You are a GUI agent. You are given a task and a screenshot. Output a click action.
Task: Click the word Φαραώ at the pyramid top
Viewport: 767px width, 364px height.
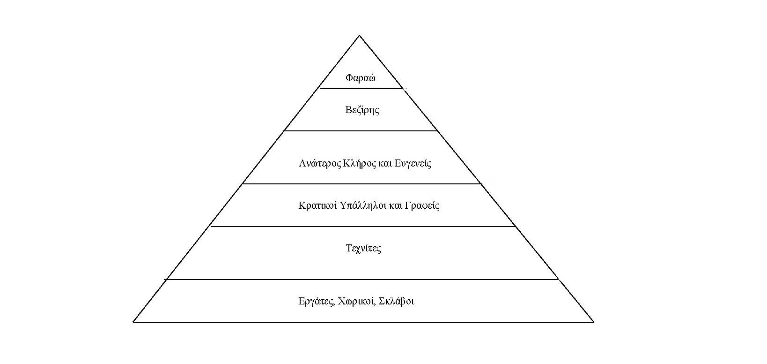[x=360, y=78]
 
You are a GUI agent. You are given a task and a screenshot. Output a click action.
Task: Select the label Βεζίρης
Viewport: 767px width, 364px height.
[x=362, y=110]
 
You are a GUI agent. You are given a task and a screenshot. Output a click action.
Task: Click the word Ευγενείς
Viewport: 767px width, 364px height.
[x=413, y=164]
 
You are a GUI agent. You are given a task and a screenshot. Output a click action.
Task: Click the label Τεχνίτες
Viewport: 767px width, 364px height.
[x=363, y=248]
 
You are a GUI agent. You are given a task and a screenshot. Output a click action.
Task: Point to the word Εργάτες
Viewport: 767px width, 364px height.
[x=317, y=301]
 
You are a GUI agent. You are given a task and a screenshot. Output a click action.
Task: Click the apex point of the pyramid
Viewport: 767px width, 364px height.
[x=359, y=36]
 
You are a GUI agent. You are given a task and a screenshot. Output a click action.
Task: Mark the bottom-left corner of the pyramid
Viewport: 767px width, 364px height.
[x=134, y=322]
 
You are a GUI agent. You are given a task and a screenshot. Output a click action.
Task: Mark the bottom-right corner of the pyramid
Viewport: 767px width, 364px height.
[x=593, y=322]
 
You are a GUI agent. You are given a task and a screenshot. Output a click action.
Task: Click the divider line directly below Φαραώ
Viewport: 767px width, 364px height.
[x=361, y=88]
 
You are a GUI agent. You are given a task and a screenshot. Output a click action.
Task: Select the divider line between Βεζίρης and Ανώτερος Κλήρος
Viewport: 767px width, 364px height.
[x=361, y=131]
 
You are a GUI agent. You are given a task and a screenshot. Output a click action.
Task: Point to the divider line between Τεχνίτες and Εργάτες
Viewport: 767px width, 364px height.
[x=361, y=280]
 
